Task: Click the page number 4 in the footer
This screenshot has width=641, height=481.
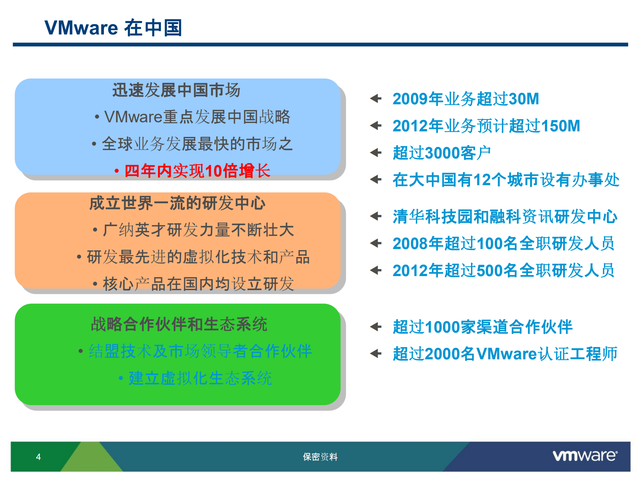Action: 38,457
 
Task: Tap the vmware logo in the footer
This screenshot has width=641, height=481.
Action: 585,456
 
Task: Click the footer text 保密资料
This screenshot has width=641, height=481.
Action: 320,457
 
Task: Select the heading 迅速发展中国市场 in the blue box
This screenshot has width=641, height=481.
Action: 176,90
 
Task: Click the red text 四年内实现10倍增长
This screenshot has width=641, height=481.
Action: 197,171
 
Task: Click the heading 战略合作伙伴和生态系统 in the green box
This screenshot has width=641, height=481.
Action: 179,324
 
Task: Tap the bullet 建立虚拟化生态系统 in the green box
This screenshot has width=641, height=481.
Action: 200,378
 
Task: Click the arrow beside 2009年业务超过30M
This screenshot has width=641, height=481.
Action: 376,99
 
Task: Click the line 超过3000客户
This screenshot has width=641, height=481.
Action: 441,153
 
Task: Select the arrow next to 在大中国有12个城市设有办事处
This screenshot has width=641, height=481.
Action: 376,179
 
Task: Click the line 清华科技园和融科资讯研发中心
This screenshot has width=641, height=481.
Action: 505,217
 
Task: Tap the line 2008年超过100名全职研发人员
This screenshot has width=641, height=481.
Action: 503,243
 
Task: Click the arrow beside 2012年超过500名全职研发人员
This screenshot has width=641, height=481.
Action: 376,270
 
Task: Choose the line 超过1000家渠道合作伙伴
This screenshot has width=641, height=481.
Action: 482,327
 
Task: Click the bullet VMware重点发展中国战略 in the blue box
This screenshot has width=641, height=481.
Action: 197,117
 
